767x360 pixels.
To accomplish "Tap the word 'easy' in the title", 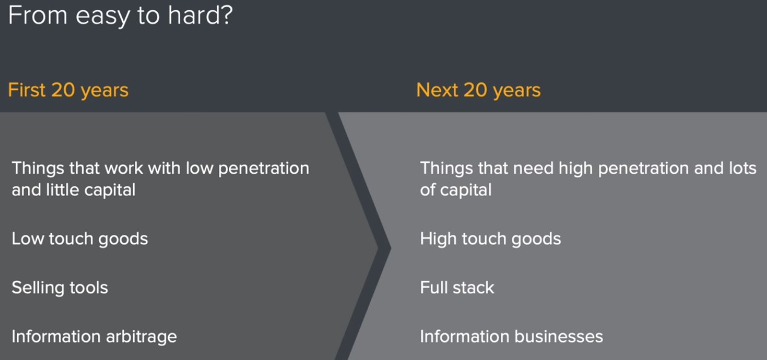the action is pos(102,18).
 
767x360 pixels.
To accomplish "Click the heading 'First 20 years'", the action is pos(68,91).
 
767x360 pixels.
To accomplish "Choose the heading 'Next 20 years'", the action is pos(478,91).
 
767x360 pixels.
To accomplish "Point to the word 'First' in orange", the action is pos(27,90).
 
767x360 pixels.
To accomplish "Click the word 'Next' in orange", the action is pos(437,90).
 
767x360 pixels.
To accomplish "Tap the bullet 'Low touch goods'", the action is pos(80,239).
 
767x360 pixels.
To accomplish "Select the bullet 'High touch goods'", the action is pos(491,239).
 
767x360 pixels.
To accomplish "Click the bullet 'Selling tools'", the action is pos(60,288).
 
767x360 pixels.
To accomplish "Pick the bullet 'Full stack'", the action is pos(457,287).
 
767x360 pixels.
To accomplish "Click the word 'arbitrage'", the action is pos(142,337).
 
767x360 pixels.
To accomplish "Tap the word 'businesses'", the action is pos(559,336).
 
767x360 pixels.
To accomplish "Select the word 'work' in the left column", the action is pos(124,168).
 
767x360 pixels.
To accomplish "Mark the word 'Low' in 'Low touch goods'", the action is pos(28,239).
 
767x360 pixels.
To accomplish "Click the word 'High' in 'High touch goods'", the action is pos(439,240).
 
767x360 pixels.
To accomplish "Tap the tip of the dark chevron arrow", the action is pos(391,247).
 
